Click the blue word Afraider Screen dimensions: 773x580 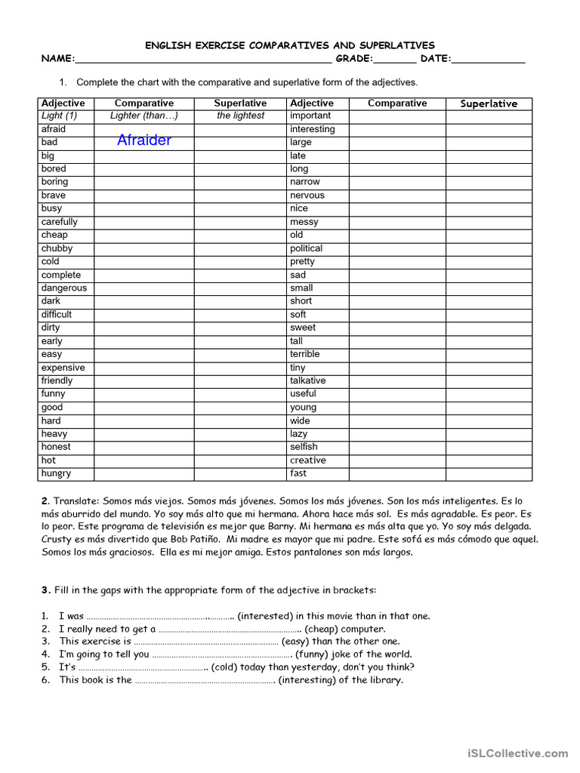pyautogui.click(x=144, y=140)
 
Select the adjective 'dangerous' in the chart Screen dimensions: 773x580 pyautogui.click(x=64, y=288)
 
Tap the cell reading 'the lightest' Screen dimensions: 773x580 pyautogui.click(x=240, y=115)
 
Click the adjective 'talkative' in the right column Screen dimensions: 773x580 pyautogui.click(x=308, y=380)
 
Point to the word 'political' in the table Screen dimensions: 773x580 pyautogui.click(x=306, y=248)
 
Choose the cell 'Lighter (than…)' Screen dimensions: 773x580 pyautogui.click(x=143, y=115)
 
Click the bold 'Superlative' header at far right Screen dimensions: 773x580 pyautogui.click(x=489, y=103)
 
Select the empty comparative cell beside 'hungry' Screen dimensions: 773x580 pyautogui.click(x=143, y=473)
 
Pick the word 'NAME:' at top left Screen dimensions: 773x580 pyautogui.click(x=58, y=59)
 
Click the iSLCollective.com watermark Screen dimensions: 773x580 pyautogui.click(x=517, y=753)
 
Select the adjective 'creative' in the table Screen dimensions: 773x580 pyautogui.click(x=308, y=460)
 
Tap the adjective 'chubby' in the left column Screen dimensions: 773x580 pyautogui.click(x=57, y=248)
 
